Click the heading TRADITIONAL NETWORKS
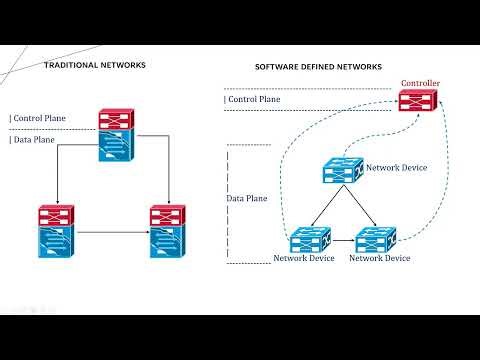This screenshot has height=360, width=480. pos(95,65)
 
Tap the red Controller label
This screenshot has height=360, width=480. pos(420,83)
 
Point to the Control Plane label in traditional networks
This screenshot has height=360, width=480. pos(38,118)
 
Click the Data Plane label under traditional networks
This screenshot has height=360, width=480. pos(33,140)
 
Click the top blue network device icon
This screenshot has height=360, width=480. pos(342,171)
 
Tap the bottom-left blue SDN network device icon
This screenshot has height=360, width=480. pos(303,240)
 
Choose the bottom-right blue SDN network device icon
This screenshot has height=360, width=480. pos(376,240)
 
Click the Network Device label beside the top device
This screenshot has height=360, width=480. pos(397,167)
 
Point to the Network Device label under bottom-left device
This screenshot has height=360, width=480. pos(304,259)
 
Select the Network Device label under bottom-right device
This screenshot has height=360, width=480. pos(379,259)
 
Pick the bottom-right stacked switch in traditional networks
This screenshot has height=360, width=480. pos(164,231)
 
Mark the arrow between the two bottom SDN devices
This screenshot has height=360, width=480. pos(339,241)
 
